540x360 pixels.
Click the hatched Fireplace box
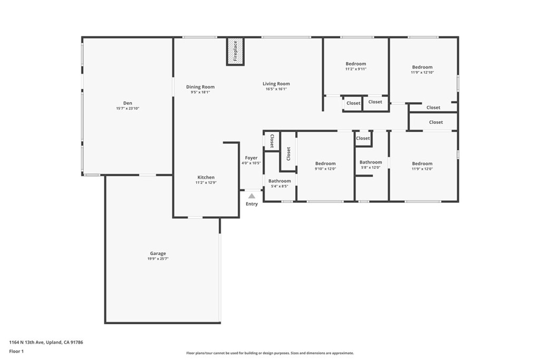pyautogui.click(x=235, y=51)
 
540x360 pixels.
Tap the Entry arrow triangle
pyautogui.click(x=252, y=196)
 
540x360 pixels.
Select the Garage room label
pyautogui.click(x=158, y=254)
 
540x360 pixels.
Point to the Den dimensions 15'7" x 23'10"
pyautogui.click(x=128, y=109)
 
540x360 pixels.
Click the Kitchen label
pyautogui.click(x=206, y=177)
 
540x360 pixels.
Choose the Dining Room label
pyautogui.click(x=200, y=87)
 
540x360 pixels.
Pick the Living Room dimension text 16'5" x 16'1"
pyautogui.click(x=276, y=89)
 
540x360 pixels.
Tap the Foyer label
pyautogui.click(x=252, y=158)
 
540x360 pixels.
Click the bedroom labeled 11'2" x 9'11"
pyautogui.click(x=356, y=66)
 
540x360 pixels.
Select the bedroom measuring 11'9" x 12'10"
pyautogui.click(x=422, y=70)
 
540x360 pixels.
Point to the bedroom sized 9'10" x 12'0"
pyautogui.click(x=325, y=166)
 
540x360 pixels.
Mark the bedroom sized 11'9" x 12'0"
pyautogui.click(x=422, y=166)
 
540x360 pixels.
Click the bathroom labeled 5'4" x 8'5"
pyautogui.click(x=279, y=183)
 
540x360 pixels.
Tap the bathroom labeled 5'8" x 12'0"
pyautogui.click(x=371, y=164)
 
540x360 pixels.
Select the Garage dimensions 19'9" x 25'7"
pyautogui.click(x=158, y=259)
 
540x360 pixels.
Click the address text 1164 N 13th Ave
pyautogui.click(x=26, y=342)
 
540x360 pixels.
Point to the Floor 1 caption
pyautogui.click(x=16, y=352)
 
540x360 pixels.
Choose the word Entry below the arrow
pyautogui.click(x=252, y=204)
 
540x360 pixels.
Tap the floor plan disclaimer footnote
pyautogui.click(x=270, y=353)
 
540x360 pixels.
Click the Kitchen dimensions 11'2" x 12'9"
pyautogui.click(x=206, y=183)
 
